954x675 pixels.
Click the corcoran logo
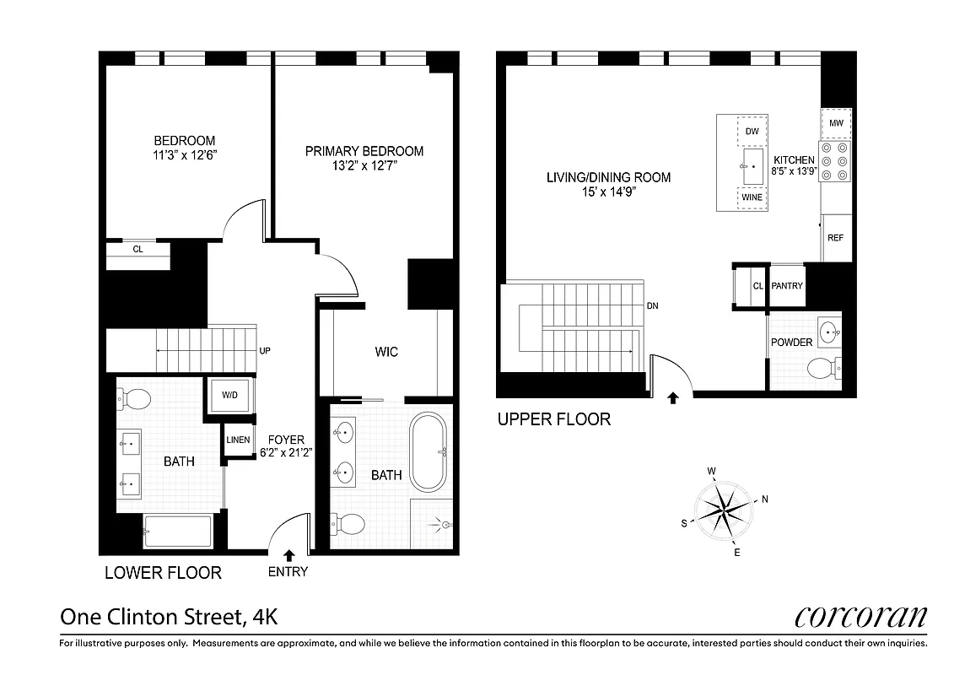point(860,617)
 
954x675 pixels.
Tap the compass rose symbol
point(724,510)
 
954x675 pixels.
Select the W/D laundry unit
point(229,395)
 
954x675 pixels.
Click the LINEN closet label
point(238,440)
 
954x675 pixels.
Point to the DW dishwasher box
point(752,132)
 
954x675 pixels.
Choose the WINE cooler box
point(752,197)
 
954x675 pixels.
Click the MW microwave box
point(836,123)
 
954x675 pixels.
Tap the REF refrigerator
point(835,238)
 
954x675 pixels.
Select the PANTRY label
point(787,286)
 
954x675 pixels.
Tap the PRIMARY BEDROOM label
point(364,151)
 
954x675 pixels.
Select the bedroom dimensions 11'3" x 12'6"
point(184,155)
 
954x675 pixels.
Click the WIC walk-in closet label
point(386,352)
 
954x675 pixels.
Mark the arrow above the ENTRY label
point(289,555)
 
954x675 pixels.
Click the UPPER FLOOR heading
point(553,419)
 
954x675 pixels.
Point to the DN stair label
point(652,306)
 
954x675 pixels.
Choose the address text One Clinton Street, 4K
point(169,618)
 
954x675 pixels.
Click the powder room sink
point(829,331)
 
